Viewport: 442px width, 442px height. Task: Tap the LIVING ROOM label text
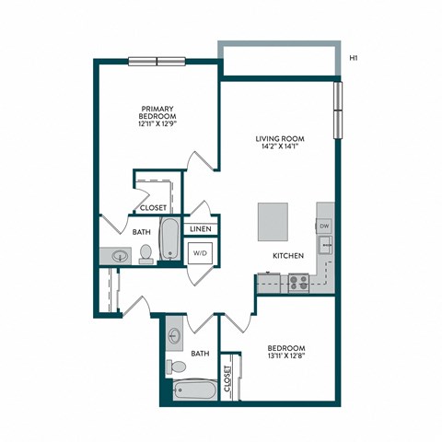[x=281, y=140]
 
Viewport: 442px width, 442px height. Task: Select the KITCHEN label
[x=287, y=255]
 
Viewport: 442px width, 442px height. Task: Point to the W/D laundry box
[x=201, y=251]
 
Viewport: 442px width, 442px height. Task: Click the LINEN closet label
[x=201, y=228]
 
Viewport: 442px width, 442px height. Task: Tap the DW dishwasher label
[x=324, y=226]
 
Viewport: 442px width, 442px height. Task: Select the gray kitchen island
[x=274, y=220]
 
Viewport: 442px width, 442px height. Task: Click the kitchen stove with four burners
[x=298, y=282]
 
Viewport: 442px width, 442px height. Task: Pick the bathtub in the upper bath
[x=169, y=238]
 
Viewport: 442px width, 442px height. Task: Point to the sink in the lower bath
[x=176, y=337]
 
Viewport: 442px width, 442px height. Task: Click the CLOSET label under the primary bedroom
[x=154, y=208]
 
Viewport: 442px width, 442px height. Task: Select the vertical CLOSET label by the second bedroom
[x=227, y=380]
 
